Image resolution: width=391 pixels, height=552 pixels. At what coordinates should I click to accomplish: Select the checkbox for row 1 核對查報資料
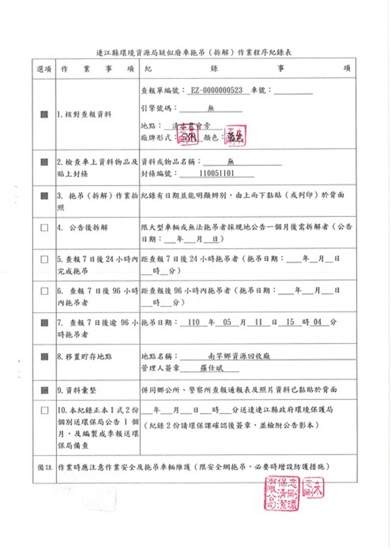pos(44,114)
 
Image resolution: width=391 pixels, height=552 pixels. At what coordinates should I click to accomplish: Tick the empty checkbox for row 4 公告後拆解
pos(44,228)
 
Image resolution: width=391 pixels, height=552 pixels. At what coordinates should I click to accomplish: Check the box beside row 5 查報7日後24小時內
pos(44,260)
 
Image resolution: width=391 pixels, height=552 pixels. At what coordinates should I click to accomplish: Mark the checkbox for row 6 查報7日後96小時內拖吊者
pos(44,291)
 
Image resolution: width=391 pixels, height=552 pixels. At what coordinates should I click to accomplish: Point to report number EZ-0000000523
pos(216,90)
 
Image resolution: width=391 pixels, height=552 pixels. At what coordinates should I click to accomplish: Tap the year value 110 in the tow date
pos(193,322)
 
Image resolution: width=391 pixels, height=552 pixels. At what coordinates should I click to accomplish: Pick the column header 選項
pos(44,68)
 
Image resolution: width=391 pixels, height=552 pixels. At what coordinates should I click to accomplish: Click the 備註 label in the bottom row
pos(44,467)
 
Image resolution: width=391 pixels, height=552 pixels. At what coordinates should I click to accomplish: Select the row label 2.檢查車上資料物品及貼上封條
pos(97,166)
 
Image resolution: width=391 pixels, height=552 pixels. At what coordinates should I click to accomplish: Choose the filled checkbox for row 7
pos(44,322)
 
